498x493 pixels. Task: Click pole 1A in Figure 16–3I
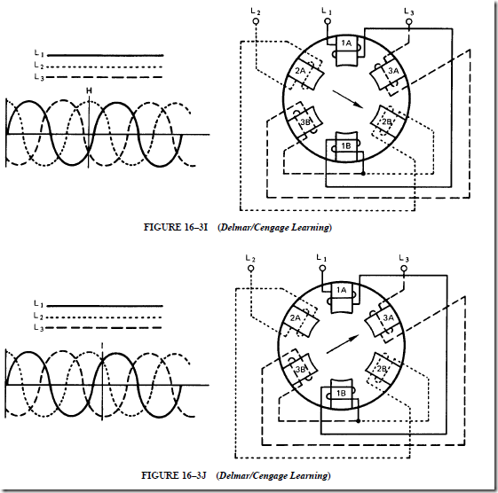(346, 51)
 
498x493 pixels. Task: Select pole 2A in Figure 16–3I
(305, 74)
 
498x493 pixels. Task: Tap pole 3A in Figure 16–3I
(389, 74)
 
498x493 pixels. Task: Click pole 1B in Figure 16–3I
(346, 146)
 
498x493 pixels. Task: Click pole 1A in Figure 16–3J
(342, 298)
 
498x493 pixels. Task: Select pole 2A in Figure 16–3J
(300, 321)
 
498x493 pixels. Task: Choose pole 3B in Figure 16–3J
(300, 369)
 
